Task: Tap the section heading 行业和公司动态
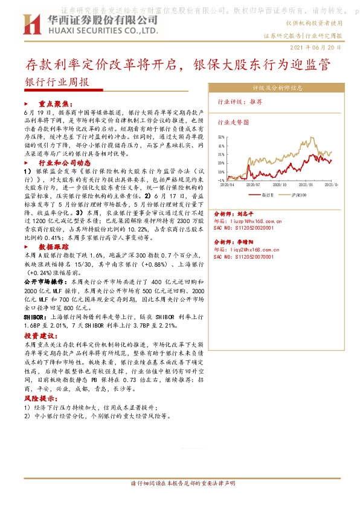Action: click(x=65, y=163)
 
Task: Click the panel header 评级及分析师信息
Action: click(x=277, y=87)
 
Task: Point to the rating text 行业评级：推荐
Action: click(x=240, y=102)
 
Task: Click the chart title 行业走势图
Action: click(x=233, y=122)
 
